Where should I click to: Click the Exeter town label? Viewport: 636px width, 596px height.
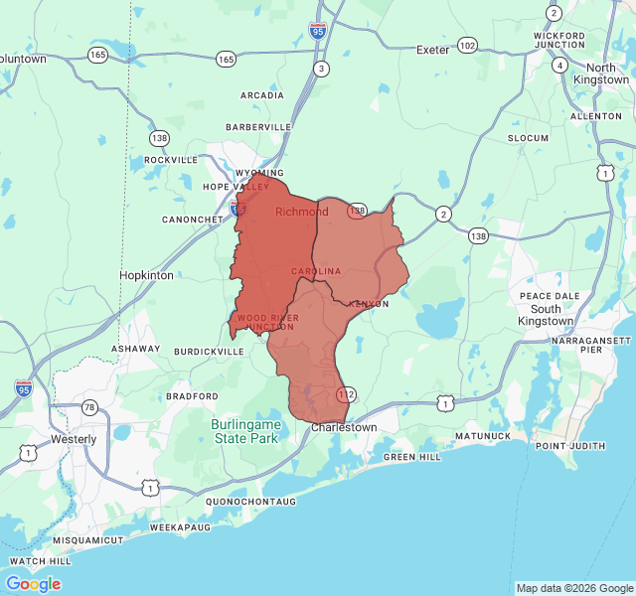[x=433, y=49]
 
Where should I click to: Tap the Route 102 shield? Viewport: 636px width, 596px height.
[x=467, y=46]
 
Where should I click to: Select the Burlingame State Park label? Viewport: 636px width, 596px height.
[x=246, y=430]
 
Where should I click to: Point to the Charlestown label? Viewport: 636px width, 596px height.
[x=344, y=427]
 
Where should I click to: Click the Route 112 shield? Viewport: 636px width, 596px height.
[x=346, y=394]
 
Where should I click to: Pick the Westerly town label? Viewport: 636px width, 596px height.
[x=75, y=438]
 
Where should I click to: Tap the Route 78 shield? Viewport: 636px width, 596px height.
[x=89, y=408]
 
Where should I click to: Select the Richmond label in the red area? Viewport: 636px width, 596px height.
[x=301, y=212]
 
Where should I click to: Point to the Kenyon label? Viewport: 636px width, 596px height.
[x=369, y=304]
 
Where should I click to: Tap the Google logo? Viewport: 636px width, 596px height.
[x=33, y=583]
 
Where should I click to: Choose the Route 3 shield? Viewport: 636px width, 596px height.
[x=321, y=69]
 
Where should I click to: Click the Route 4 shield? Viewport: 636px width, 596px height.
[x=560, y=66]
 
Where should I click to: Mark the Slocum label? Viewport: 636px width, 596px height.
[x=528, y=137]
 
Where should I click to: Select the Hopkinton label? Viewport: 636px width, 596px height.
[x=146, y=275]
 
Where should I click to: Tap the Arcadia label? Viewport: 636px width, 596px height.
[x=262, y=95]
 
